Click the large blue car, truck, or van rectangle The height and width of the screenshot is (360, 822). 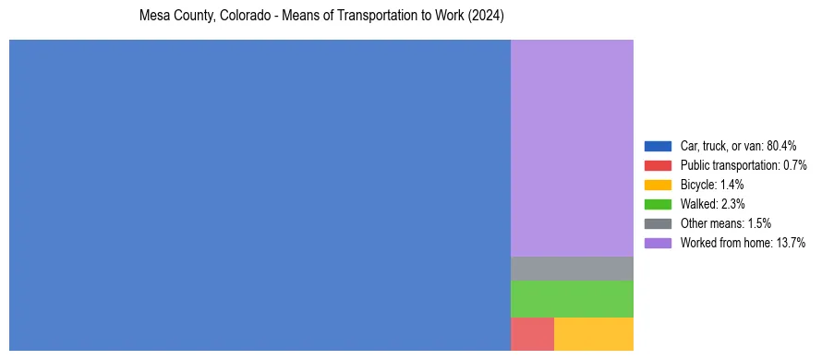tap(260, 195)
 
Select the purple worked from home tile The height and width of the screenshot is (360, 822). tap(572, 148)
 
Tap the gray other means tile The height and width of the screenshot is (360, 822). tap(572, 268)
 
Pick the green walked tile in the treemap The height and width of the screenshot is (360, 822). tap(572, 298)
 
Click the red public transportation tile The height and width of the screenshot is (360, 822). tap(532, 333)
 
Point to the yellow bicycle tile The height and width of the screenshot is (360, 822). tap(593, 333)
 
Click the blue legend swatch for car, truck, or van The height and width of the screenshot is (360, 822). tap(658, 146)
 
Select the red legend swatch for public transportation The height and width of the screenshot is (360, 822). tap(658, 165)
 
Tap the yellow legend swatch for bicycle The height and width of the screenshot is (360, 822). tap(658, 185)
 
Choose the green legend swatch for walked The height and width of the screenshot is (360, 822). tap(658, 204)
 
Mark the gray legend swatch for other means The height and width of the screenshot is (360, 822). tap(658, 223)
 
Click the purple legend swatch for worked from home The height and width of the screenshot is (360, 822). tap(658, 243)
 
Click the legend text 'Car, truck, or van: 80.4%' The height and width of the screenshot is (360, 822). tap(738, 146)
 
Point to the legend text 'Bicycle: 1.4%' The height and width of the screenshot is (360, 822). tap(712, 185)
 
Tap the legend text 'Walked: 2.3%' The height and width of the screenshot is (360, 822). tap(712, 204)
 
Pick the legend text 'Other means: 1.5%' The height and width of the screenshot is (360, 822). tap(725, 223)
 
